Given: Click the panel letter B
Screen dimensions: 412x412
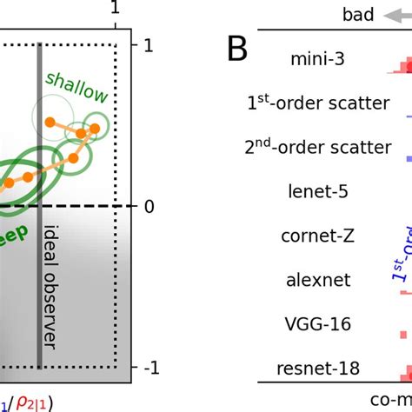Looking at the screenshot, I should [x=238, y=50].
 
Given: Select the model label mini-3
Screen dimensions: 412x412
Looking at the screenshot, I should [x=316, y=59].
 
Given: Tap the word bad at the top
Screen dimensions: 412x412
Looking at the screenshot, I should [x=359, y=14].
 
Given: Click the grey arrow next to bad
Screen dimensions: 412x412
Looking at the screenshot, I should [x=397, y=14].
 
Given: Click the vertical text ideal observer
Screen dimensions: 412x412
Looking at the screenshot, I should [x=51, y=299].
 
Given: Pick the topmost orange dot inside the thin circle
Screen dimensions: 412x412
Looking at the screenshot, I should [x=50, y=123].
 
